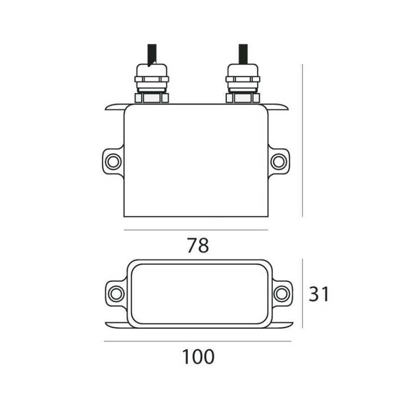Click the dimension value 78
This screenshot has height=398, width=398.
(x=198, y=245)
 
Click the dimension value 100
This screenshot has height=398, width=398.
(x=198, y=357)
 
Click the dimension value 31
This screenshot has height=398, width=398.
(x=319, y=294)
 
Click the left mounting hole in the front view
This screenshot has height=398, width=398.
(x=113, y=161)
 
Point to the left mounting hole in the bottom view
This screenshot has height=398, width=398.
(x=116, y=293)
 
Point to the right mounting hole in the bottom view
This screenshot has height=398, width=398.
(x=281, y=293)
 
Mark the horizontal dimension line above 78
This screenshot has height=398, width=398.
(x=196, y=230)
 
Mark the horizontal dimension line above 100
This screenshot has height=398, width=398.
(x=198, y=341)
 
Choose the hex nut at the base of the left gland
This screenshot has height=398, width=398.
(x=152, y=98)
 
